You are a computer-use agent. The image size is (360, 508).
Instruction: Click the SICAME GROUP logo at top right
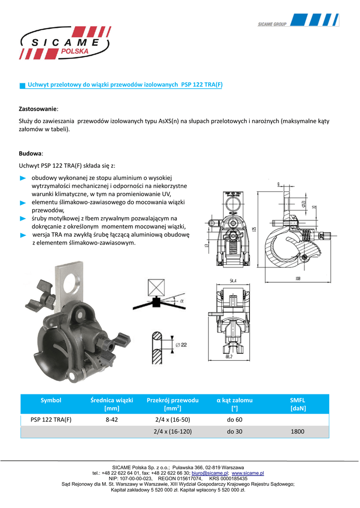coord(298,21)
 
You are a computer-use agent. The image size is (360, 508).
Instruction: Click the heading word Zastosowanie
coord(38,108)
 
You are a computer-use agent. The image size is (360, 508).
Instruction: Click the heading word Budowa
coord(30,154)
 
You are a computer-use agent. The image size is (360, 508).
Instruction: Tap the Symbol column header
coord(51,400)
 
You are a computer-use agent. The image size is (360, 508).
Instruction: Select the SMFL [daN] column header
coord(297,404)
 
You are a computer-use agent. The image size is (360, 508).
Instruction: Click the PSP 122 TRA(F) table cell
coord(51,420)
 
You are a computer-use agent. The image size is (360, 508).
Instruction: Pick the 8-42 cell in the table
coord(112,420)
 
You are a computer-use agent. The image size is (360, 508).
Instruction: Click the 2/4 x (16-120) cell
coord(173,432)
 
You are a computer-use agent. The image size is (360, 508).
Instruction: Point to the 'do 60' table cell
coord(235,420)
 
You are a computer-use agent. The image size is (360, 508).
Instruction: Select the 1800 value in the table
coord(298,432)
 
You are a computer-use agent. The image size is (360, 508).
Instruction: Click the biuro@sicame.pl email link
coord(210,474)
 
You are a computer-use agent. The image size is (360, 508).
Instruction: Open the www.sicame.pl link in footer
coord(248,474)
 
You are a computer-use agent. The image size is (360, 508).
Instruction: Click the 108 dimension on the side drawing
coord(297,278)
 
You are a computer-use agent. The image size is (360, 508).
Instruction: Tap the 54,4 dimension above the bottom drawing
coord(232,281)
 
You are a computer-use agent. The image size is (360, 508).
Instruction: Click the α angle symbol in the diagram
coord(182,301)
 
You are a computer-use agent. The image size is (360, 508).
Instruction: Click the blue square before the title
coord(22,86)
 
